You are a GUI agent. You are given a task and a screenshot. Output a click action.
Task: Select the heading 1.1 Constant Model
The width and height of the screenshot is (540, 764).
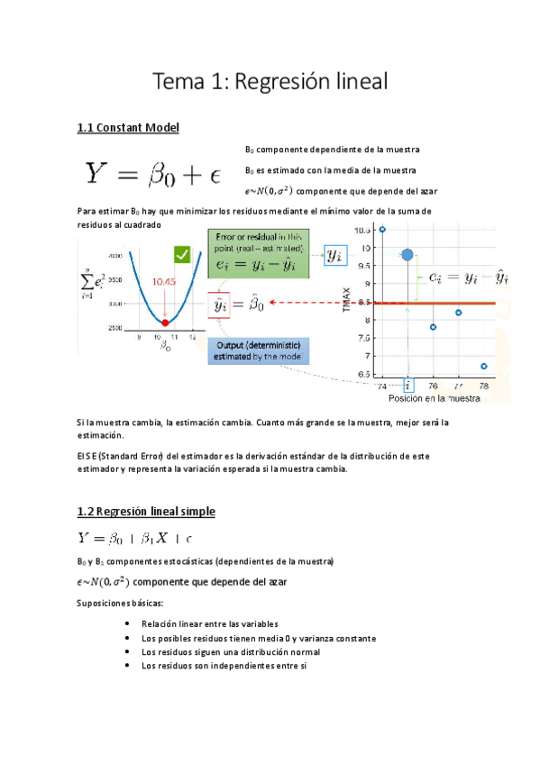point(128,128)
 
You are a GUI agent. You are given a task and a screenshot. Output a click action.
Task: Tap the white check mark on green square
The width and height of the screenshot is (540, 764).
point(186,256)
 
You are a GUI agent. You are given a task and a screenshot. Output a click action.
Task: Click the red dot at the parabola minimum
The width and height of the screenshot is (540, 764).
point(165,322)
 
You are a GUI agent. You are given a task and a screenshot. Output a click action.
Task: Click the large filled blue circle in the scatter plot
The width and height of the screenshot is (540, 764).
point(407,256)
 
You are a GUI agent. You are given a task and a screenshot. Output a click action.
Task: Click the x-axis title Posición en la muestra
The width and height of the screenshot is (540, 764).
point(433,397)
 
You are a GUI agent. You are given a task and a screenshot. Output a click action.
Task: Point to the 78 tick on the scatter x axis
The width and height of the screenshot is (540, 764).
point(484,385)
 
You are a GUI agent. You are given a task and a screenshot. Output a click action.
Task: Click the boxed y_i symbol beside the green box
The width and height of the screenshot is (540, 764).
point(334,257)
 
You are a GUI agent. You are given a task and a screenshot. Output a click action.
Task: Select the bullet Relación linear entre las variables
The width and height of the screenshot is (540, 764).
point(209,623)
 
